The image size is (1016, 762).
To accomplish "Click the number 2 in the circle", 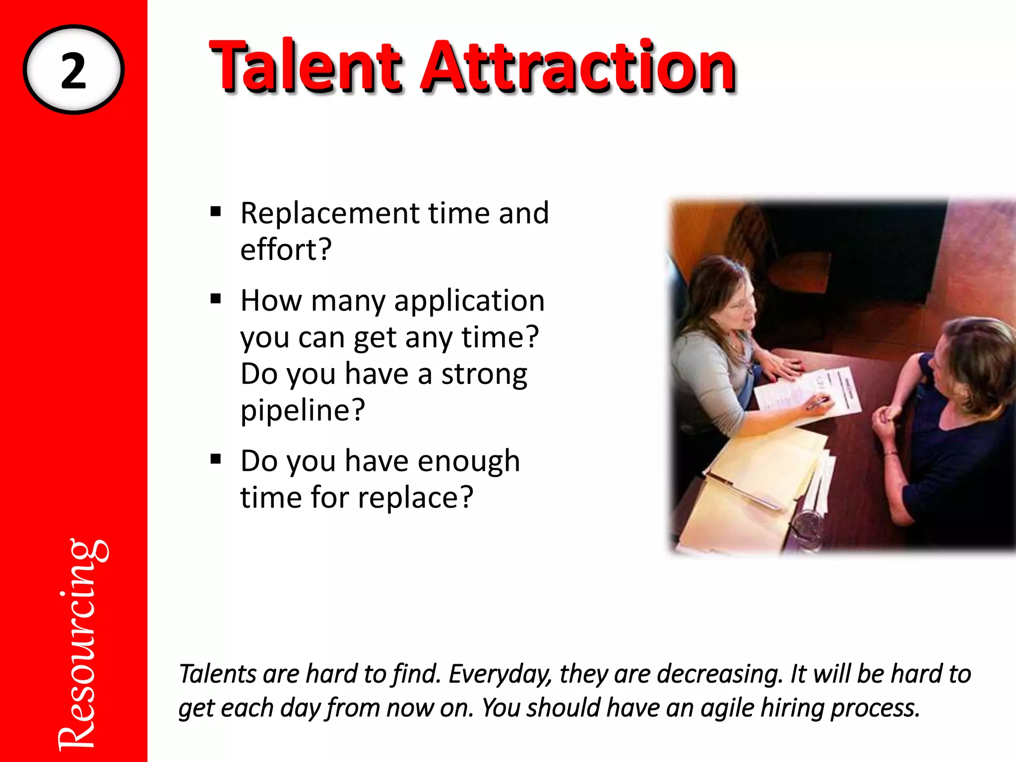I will click(73, 71).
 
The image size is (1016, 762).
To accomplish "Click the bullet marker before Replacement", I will click(215, 212).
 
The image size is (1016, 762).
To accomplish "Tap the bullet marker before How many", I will click(215, 299).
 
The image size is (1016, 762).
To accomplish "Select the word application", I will click(469, 302).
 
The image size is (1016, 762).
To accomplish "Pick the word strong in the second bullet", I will click(484, 374).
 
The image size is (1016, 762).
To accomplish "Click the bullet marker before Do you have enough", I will click(215, 459).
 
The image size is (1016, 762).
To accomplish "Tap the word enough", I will click(469, 461).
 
